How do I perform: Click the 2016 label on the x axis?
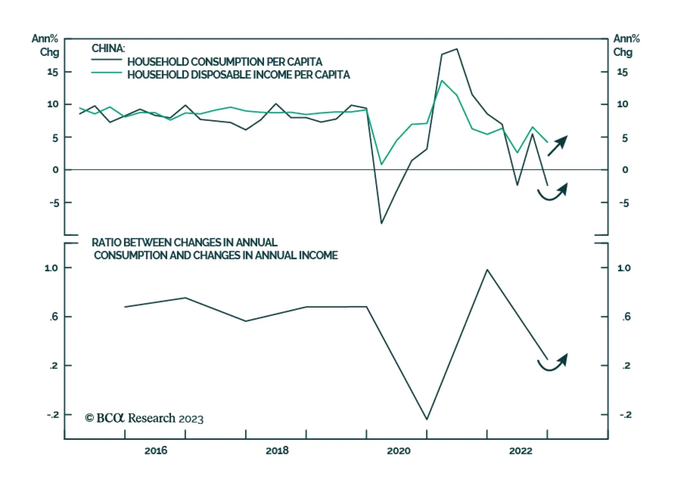pyautogui.click(x=156, y=451)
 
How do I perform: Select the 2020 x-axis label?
pyautogui.click(x=398, y=451)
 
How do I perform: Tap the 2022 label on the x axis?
pyautogui.click(x=521, y=451)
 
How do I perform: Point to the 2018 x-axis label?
pyautogui.click(x=277, y=451)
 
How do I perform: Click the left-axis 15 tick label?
pyautogui.click(x=53, y=72)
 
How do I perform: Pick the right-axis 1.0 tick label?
pyautogui.click(x=624, y=268)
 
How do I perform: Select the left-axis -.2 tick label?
pyautogui.click(x=53, y=414)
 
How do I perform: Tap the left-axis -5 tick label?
pyautogui.click(x=54, y=202)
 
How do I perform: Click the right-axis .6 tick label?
pyautogui.click(x=626, y=317)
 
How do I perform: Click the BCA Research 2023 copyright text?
pyautogui.click(x=144, y=418)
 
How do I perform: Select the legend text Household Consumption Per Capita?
pyautogui.click(x=225, y=62)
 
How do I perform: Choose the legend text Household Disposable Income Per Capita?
pyautogui.click(x=238, y=75)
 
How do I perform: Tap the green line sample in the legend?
pyautogui.click(x=107, y=73)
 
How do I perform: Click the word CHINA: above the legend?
pyautogui.click(x=108, y=48)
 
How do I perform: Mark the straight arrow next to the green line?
pyautogui.click(x=558, y=146)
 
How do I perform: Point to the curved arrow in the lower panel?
pyautogui.click(x=552, y=363)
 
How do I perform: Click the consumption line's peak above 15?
pyautogui.click(x=457, y=49)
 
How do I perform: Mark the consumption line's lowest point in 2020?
pyautogui.click(x=381, y=223)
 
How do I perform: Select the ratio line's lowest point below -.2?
pyautogui.click(x=427, y=419)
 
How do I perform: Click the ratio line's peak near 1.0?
pyautogui.click(x=487, y=270)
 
